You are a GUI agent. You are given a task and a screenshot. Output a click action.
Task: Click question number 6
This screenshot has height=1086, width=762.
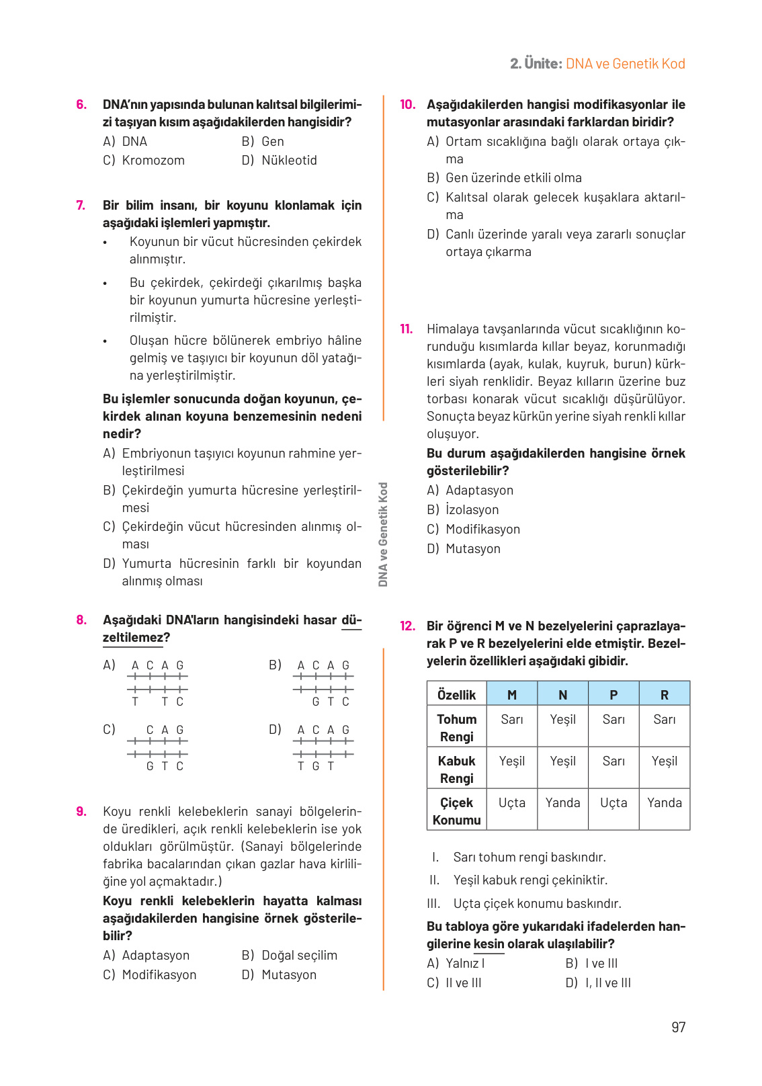coord(81,104)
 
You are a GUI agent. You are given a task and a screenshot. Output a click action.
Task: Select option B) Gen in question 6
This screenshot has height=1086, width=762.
coord(263,141)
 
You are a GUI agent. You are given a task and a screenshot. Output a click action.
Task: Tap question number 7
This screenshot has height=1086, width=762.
coord(81,205)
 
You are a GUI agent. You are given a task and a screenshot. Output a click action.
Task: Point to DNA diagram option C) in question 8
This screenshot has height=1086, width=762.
coord(157,747)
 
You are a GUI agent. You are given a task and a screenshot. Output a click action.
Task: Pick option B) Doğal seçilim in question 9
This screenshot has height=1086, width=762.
coord(289,955)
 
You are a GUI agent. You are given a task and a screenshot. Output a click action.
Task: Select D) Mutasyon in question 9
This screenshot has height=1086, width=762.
coord(279,974)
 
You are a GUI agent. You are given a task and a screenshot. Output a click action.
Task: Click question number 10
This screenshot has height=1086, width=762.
coord(407,104)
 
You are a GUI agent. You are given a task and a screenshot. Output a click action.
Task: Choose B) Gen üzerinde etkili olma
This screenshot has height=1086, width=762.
coord(504,177)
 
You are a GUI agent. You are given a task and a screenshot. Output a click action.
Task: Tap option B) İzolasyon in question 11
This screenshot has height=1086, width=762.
coord(462,509)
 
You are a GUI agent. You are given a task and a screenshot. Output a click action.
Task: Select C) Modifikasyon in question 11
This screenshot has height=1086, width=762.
coord(473,529)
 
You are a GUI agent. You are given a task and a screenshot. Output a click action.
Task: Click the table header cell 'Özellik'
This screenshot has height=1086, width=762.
coord(456,694)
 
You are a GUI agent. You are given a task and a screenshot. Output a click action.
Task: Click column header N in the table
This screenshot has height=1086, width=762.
coord(562,694)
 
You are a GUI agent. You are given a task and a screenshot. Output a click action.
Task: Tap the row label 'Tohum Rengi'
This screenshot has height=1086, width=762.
coord(456,727)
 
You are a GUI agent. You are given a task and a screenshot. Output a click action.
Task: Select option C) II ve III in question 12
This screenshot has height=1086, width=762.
coord(454,983)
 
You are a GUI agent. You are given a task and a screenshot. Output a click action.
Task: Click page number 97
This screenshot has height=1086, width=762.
coord(678,1027)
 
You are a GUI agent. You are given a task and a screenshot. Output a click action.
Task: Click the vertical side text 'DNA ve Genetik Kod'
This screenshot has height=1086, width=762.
coord(383,534)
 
